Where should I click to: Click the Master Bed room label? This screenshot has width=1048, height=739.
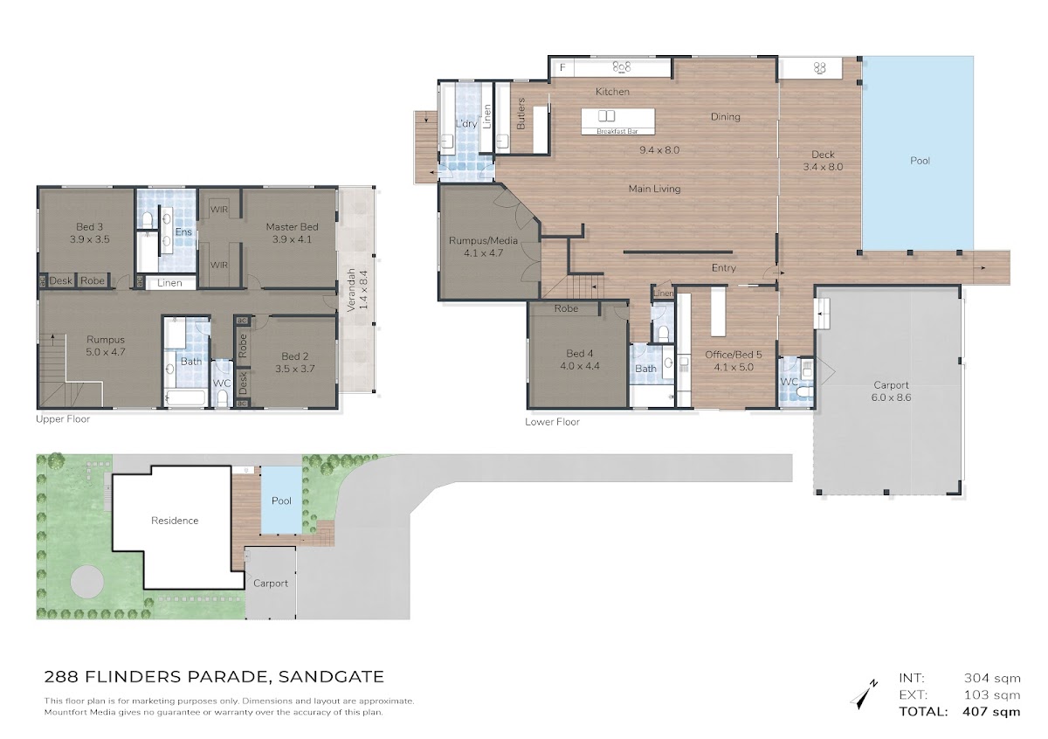292,227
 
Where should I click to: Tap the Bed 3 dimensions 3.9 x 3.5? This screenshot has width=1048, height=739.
89,239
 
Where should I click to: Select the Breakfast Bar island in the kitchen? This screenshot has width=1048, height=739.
617,121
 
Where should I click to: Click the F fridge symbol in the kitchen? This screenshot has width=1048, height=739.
562,67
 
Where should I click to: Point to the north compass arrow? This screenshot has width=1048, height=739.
863,695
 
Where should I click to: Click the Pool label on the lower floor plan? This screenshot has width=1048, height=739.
920,161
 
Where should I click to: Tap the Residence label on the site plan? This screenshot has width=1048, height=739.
175,521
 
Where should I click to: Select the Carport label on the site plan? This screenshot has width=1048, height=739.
271,584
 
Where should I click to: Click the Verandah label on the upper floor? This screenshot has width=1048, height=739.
351,290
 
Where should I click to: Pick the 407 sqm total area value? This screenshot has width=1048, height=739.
991,712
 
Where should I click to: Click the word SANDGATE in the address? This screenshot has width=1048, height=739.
331,677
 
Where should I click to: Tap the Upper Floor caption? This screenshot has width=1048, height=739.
63,419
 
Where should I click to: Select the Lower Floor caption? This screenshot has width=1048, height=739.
552,422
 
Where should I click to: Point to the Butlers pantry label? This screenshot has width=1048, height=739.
521,114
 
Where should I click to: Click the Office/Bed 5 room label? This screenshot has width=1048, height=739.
733,355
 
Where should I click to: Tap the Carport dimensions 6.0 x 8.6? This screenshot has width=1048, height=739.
891,397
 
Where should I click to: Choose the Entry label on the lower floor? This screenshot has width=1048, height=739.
723,268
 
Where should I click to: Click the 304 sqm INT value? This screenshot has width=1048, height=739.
992,678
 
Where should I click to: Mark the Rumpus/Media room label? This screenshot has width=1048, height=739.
483,240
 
